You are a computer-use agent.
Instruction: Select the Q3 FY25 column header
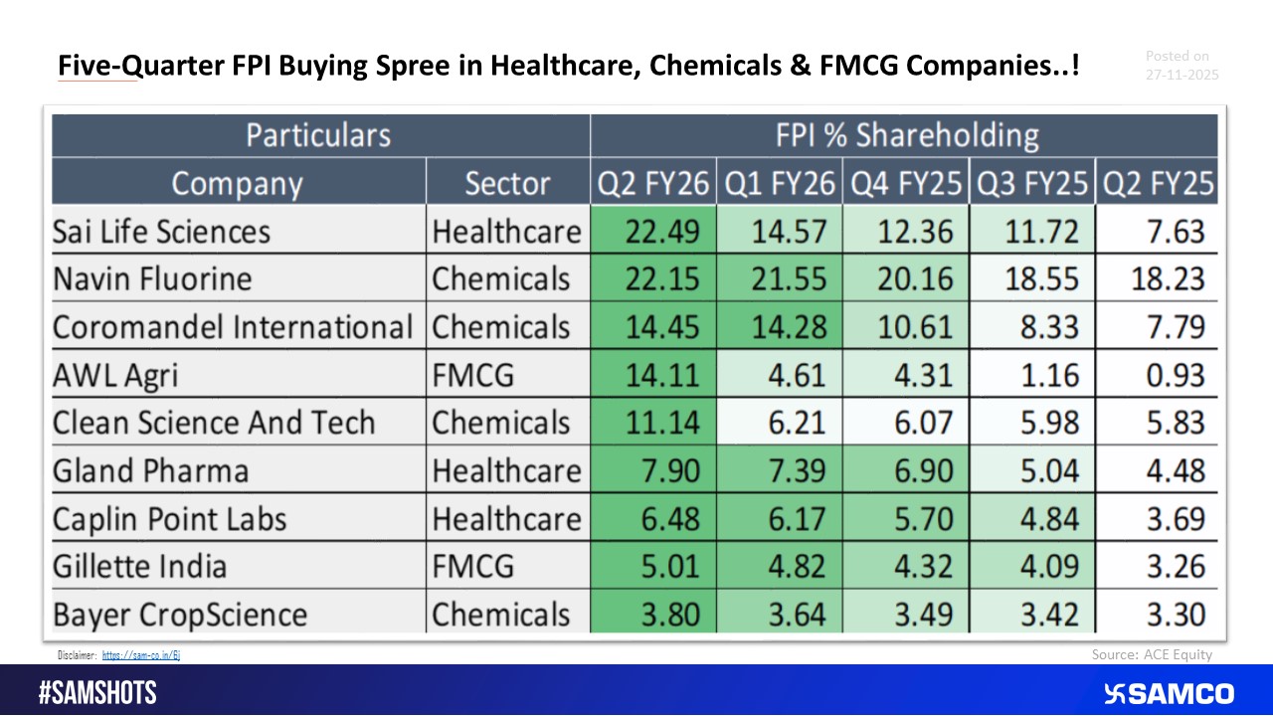click(x=1032, y=184)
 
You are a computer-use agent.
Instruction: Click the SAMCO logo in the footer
click(x=1169, y=693)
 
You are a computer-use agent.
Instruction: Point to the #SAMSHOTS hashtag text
click(x=97, y=693)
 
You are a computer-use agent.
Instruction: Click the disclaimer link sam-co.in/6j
click(x=140, y=655)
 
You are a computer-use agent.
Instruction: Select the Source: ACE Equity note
click(x=1152, y=654)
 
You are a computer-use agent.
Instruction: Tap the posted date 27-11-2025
click(x=1182, y=75)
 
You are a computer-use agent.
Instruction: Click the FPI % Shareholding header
click(x=906, y=135)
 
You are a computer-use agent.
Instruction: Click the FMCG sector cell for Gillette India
click(x=473, y=566)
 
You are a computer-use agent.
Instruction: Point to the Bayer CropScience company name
click(x=180, y=614)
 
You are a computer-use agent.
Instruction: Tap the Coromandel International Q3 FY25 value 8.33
click(x=1040, y=327)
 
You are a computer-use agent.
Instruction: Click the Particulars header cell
click(x=318, y=135)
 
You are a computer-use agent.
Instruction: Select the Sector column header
click(x=507, y=184)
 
